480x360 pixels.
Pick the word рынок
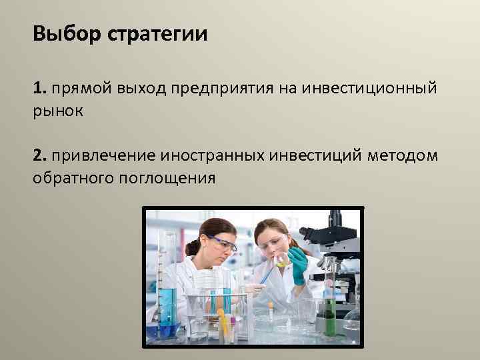pos(58,111)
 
